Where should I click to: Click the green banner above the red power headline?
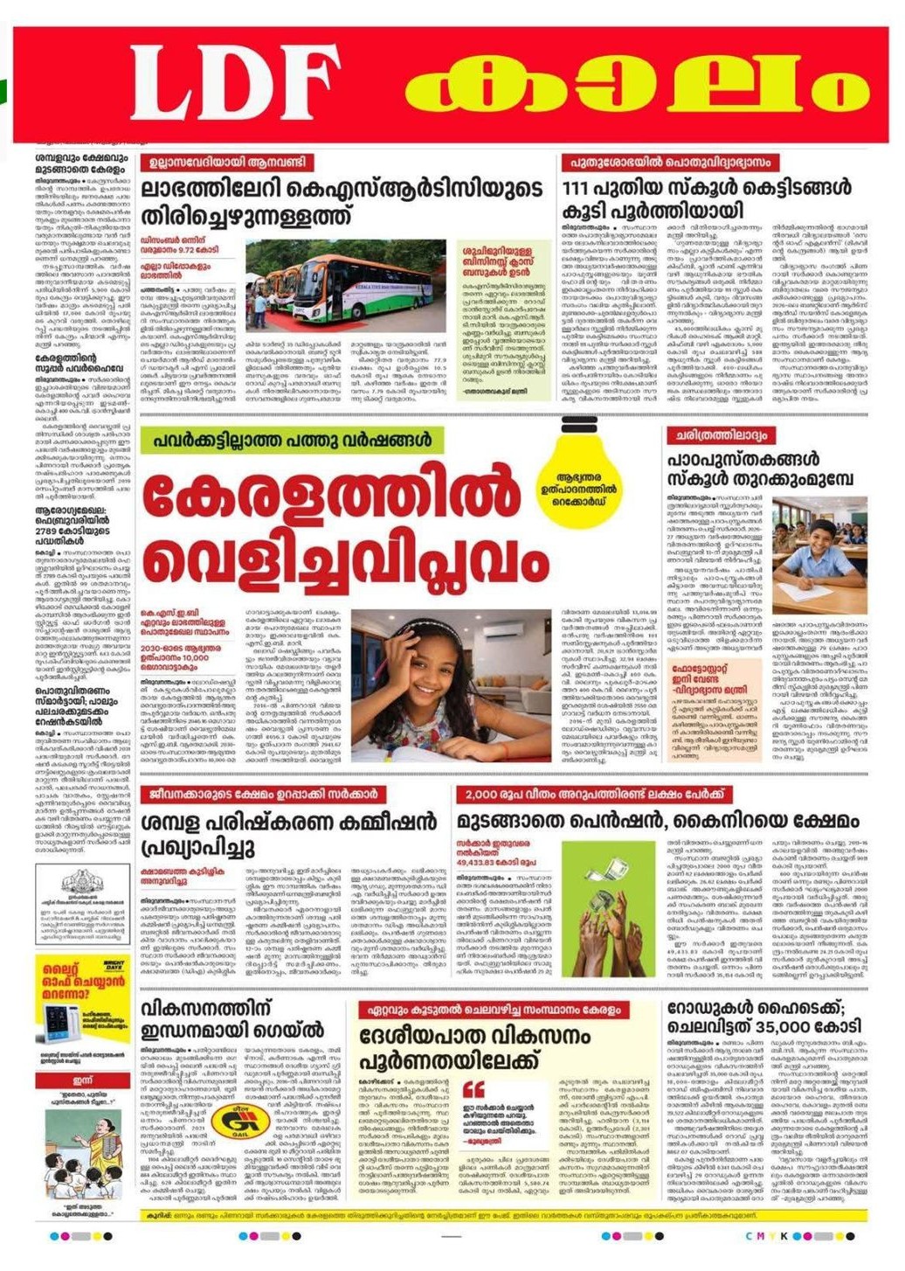click(x=294, y=440)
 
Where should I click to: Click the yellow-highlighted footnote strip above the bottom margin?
click(x=502, y=1215)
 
